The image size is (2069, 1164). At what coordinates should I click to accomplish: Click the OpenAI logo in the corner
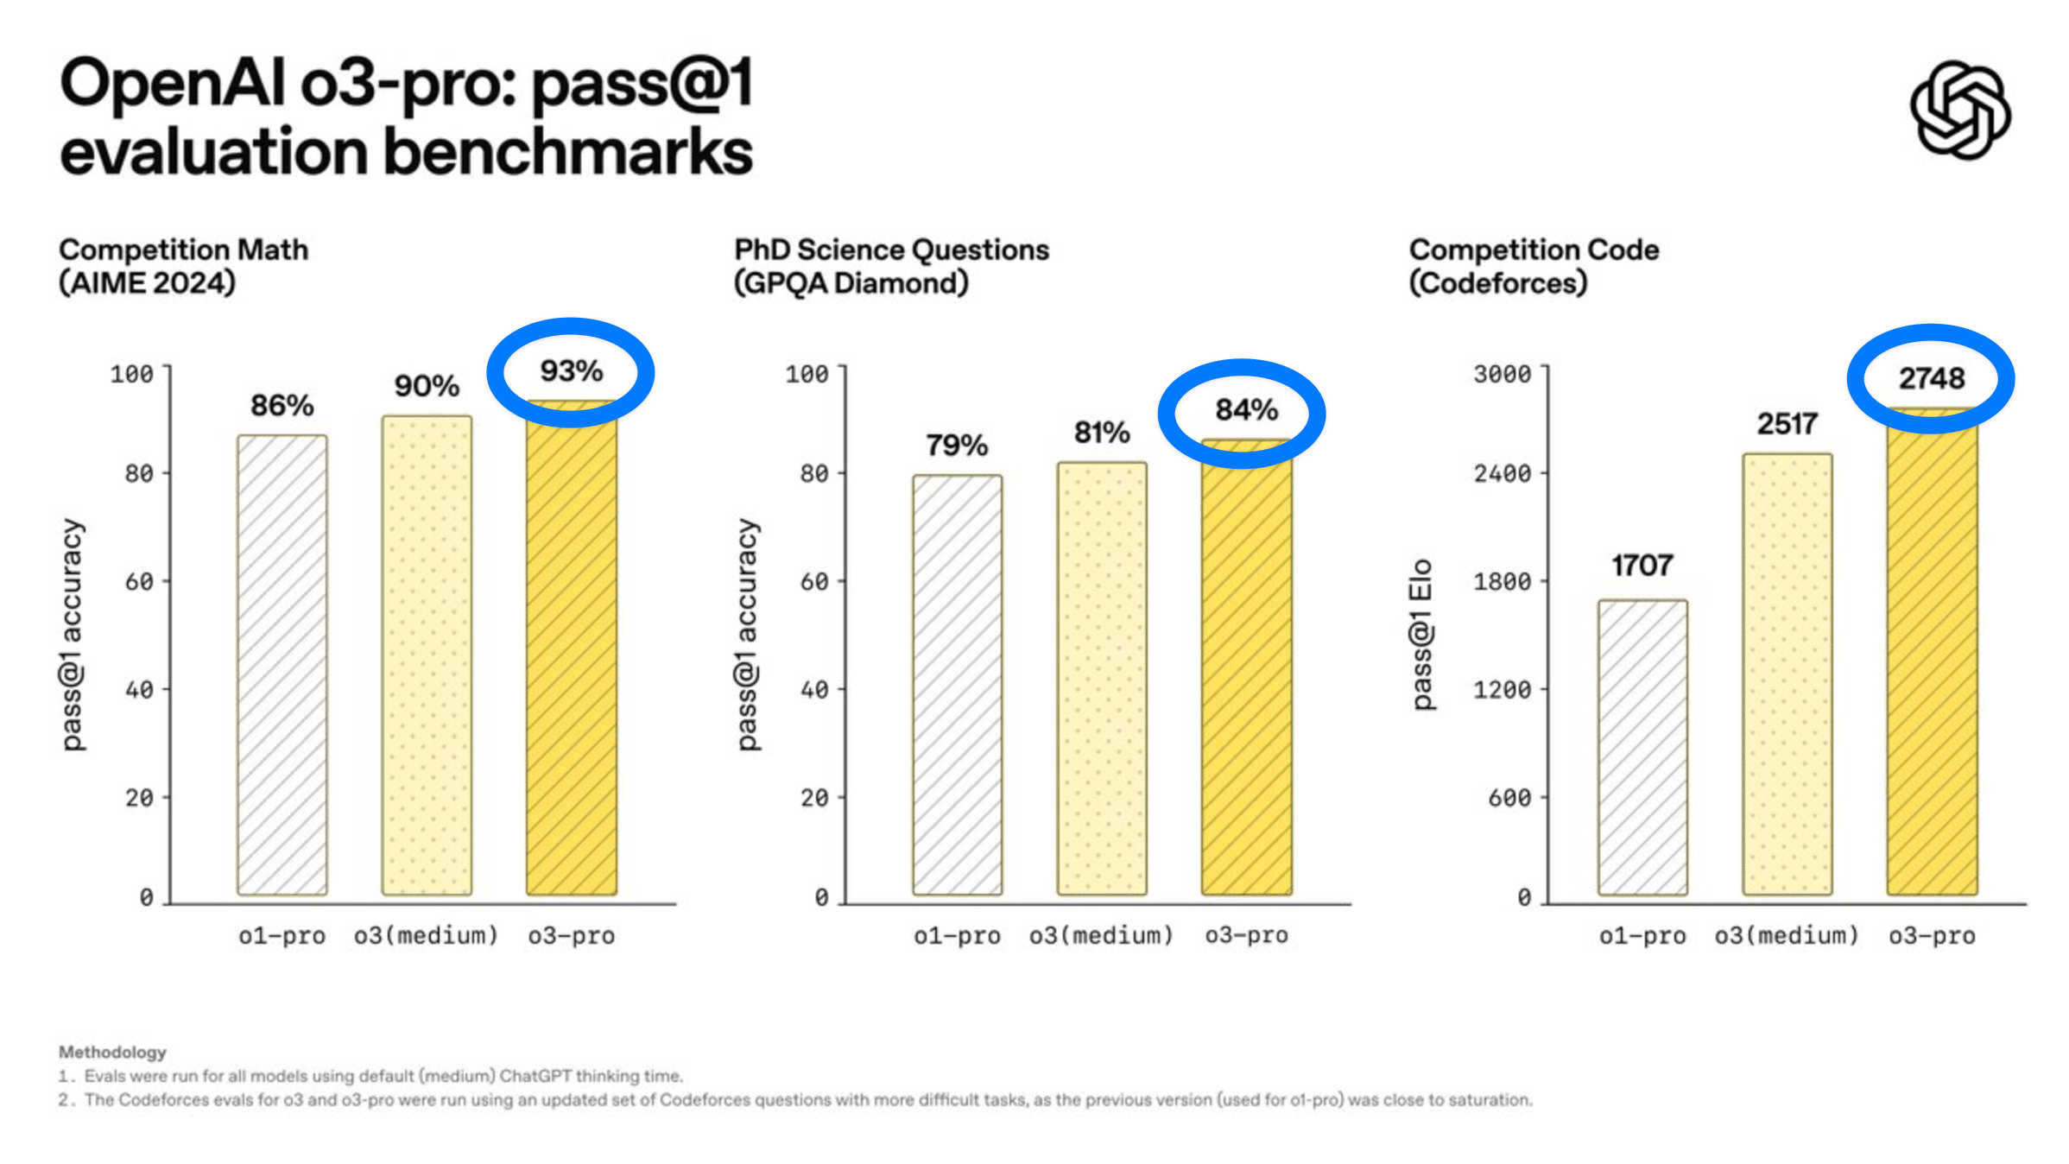pyautogui.click(x=1959, y=110)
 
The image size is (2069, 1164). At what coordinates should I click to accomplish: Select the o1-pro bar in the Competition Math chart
pyautogui.click(x=282, y=665)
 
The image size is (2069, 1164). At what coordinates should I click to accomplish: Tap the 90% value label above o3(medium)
pyautogui.click(x=427, y=386)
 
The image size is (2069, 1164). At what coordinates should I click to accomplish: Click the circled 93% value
pyautogui.click(x=571, y=371)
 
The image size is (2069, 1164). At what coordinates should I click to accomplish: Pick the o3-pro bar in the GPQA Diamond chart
pyautogui.click(x=1246, y=669)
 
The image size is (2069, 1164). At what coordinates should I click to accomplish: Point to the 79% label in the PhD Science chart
pyautogui.click(x=957, y=446)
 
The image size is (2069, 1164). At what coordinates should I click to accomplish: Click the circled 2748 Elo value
pyautogui.click(x=1931, y=378)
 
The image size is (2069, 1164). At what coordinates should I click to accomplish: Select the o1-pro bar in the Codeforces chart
pyautogui.click(x=1642, y=747)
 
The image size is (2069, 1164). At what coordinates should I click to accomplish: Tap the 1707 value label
pyautogui.click(x=1642, y=566)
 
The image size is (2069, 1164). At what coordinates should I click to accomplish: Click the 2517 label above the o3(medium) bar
pyautogui.click(x=1787, y=424)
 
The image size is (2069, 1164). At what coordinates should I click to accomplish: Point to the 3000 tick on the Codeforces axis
pyautogui.click(x=1502, y=374)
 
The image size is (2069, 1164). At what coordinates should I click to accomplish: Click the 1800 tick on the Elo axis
pyautogui.click(x=1502, y=581)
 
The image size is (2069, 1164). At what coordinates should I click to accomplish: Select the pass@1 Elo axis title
pyautogui.click(x=1421, y=635)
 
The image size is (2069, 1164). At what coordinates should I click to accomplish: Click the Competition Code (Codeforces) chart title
pyautogui.click(x=1534, y=266)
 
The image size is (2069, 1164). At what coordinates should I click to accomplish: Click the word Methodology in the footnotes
pyautogui.click(x=112, y=1052)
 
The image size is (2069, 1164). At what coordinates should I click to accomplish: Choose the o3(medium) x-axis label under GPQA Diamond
pyautogui.click(x=1101, y=935)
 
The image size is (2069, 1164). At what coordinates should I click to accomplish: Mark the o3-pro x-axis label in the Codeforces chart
pyautogui.click(x=1932, y=935)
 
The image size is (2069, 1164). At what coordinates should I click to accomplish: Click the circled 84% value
pyautogui.click(x=1246, y=410)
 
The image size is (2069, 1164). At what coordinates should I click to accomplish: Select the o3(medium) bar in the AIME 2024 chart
pyautogui.click(x=427, y=656)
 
